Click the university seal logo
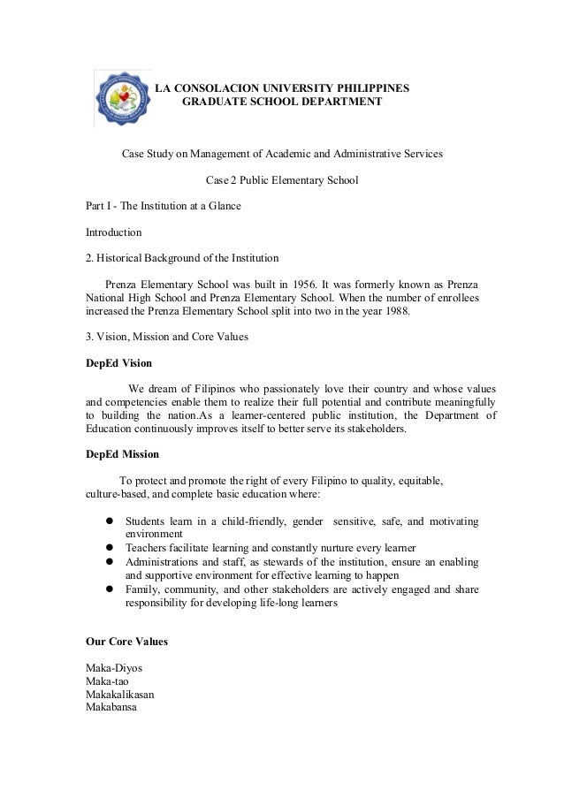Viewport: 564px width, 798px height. pos(124,99)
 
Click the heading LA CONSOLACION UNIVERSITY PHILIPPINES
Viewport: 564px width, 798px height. pos(282,88)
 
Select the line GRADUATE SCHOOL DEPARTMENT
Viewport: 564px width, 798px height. pos(282,103)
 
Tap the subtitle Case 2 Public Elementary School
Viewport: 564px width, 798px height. pos(282,180)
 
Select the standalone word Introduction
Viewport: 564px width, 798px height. pos(113,232)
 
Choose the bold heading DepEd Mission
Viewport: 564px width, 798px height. pos(122,454)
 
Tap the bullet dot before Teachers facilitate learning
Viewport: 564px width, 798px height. pos(111,548)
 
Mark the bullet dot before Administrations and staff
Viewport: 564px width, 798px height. pos(111,561)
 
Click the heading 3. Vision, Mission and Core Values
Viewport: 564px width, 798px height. pos(166,337)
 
